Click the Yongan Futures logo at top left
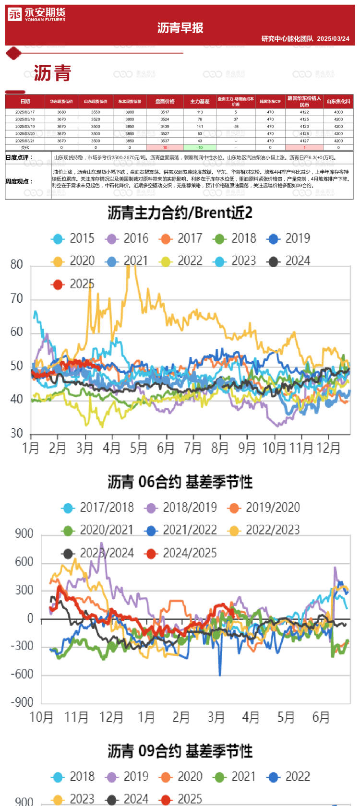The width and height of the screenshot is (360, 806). [36, 14]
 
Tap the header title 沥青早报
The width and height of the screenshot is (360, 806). [180, 28]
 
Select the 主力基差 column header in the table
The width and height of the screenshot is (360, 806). [200, 102]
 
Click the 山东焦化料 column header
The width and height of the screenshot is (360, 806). [338, 102]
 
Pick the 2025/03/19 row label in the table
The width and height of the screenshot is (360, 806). [25, 127]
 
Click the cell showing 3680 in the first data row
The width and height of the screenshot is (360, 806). [61, 112]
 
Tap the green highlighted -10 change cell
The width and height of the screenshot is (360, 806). [200, 148]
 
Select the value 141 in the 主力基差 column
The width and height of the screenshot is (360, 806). [200, 127]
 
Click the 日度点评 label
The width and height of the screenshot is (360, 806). [19, 157]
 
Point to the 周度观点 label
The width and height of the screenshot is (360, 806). [19, 181]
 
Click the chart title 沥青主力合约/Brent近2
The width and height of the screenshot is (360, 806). [180, 213]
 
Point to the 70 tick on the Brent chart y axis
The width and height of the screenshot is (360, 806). [17, 299]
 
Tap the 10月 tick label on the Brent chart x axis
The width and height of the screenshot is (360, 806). [274, 448]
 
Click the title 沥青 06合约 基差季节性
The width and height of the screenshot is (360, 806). [180, 482]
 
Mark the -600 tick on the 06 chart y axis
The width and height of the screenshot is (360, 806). [22, 675]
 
